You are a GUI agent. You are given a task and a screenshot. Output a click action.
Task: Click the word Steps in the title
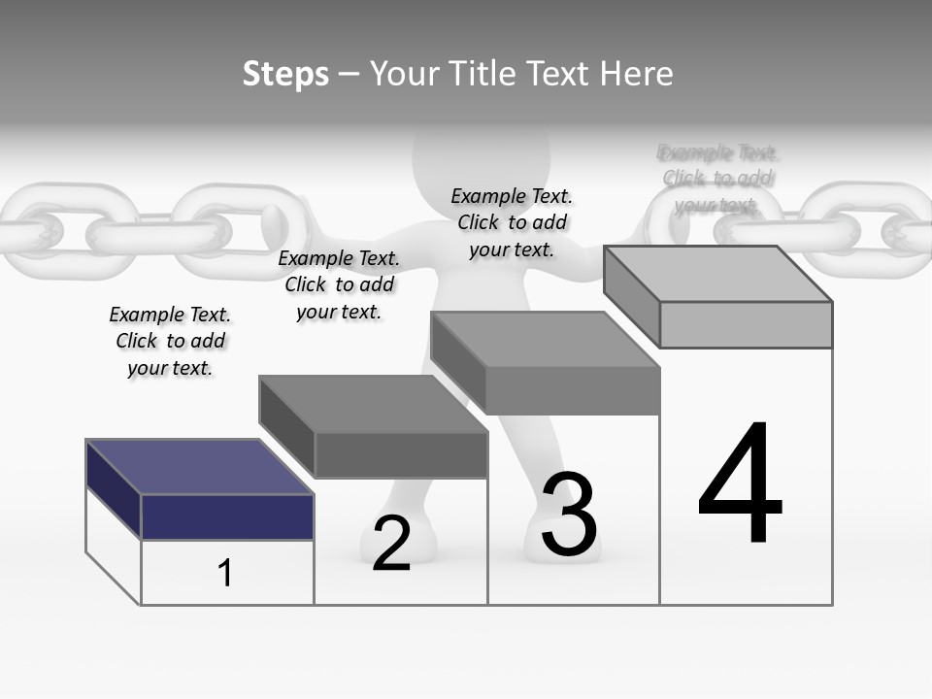click(285, 74)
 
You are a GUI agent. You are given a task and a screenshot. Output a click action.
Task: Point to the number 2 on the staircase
click(391, 544)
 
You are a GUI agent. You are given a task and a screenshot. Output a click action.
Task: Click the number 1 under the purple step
click(225, 573)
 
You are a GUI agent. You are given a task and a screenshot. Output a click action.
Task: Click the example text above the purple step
click(170, 341)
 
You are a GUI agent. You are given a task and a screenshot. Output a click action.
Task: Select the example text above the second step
click(339, 284)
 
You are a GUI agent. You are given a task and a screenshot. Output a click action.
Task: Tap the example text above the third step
click(512, 222)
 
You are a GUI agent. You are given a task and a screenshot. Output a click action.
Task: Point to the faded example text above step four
click(717, 179)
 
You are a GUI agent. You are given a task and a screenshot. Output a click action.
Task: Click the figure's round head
click(481, 155)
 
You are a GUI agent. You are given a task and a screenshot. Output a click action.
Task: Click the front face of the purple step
click(227, 516)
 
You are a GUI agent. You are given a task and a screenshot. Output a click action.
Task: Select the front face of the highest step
click(746, 324)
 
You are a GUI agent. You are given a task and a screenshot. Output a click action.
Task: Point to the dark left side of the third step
click(457, 362)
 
